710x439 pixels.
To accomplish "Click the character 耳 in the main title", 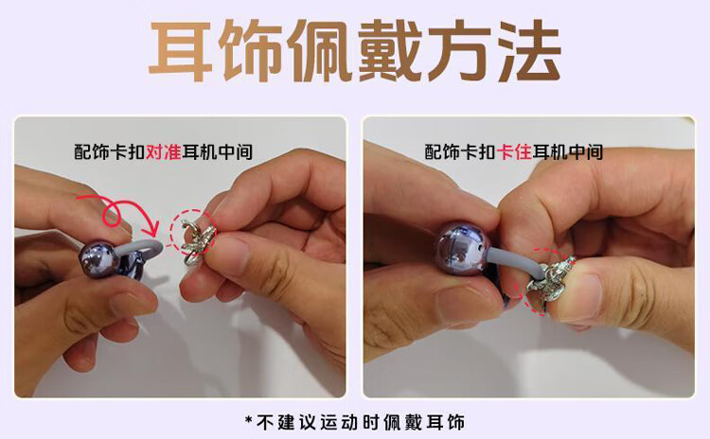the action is click(181, 51).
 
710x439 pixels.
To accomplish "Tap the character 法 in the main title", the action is click(529, 51).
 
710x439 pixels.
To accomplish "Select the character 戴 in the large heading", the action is click(390, 51).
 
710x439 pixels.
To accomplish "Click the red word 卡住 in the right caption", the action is click(514, 151).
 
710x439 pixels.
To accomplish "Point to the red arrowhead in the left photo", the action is click(153, 228).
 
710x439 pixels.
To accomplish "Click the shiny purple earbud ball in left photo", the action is click(98, 260).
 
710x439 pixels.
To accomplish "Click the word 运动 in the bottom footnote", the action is click(339, 422).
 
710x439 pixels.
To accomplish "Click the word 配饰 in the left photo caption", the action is click(92, 151).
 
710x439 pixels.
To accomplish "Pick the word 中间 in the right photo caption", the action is click(585, 151).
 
